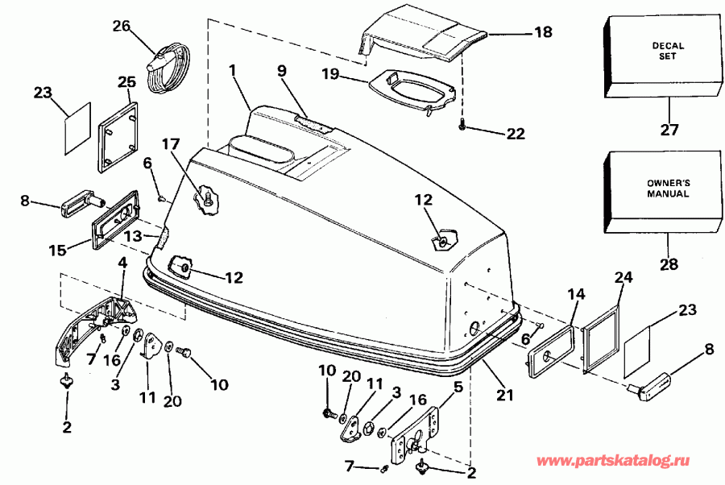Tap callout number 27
(669, 129)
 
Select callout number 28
(669, 263)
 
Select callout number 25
(127, 81)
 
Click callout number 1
(232, 71)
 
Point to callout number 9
(281, 70)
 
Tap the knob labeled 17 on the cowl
(208, 197)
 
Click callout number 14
(571, 296)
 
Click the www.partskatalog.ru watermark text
(615, 462)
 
